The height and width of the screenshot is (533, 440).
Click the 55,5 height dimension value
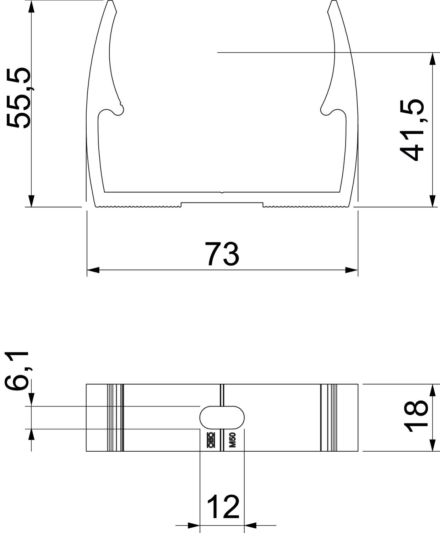click(x=18, y=98)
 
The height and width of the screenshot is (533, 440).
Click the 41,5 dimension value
click(x=411, y=130)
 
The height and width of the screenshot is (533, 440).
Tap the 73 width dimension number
click(x=222, y=254)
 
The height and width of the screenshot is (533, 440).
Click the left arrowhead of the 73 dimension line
click(x=93, y=270)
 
